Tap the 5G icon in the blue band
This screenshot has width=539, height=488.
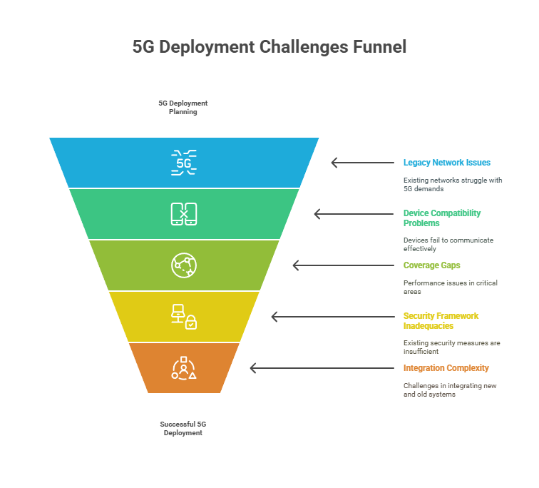pyautogui.click(x=184, y=163)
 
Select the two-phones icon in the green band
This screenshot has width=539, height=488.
pyautogui.click(x=184, y=214)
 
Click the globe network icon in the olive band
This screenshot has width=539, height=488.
pyautogui.click(x=184, y=265)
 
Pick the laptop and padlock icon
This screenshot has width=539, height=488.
pyautogui.click(x=184, y=317)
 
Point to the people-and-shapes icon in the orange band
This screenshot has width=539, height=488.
pyautogui.click(x=184, y=368)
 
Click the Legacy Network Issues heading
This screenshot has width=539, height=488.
pyautogui.click(x=446, y=163)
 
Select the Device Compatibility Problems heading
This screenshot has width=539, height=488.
pyautogui.click(x=442, y=218)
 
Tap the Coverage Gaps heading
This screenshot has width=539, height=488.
pyautogui.click(x=431, y=265)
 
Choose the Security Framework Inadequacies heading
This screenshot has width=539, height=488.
pyautogui.click(x=441, y=320)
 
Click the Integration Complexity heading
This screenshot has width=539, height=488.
pyautogui.click(x=446, y=368)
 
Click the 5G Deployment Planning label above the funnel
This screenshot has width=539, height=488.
pyautogui.click(x=183, y=108)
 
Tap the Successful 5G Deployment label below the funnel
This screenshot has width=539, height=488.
pyautogui.click(x=183, y=428)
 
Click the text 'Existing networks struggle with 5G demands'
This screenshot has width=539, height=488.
pyautogui.click(x=452, y=184)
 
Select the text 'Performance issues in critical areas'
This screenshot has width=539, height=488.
pyautogui.click(x=450, y=287)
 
